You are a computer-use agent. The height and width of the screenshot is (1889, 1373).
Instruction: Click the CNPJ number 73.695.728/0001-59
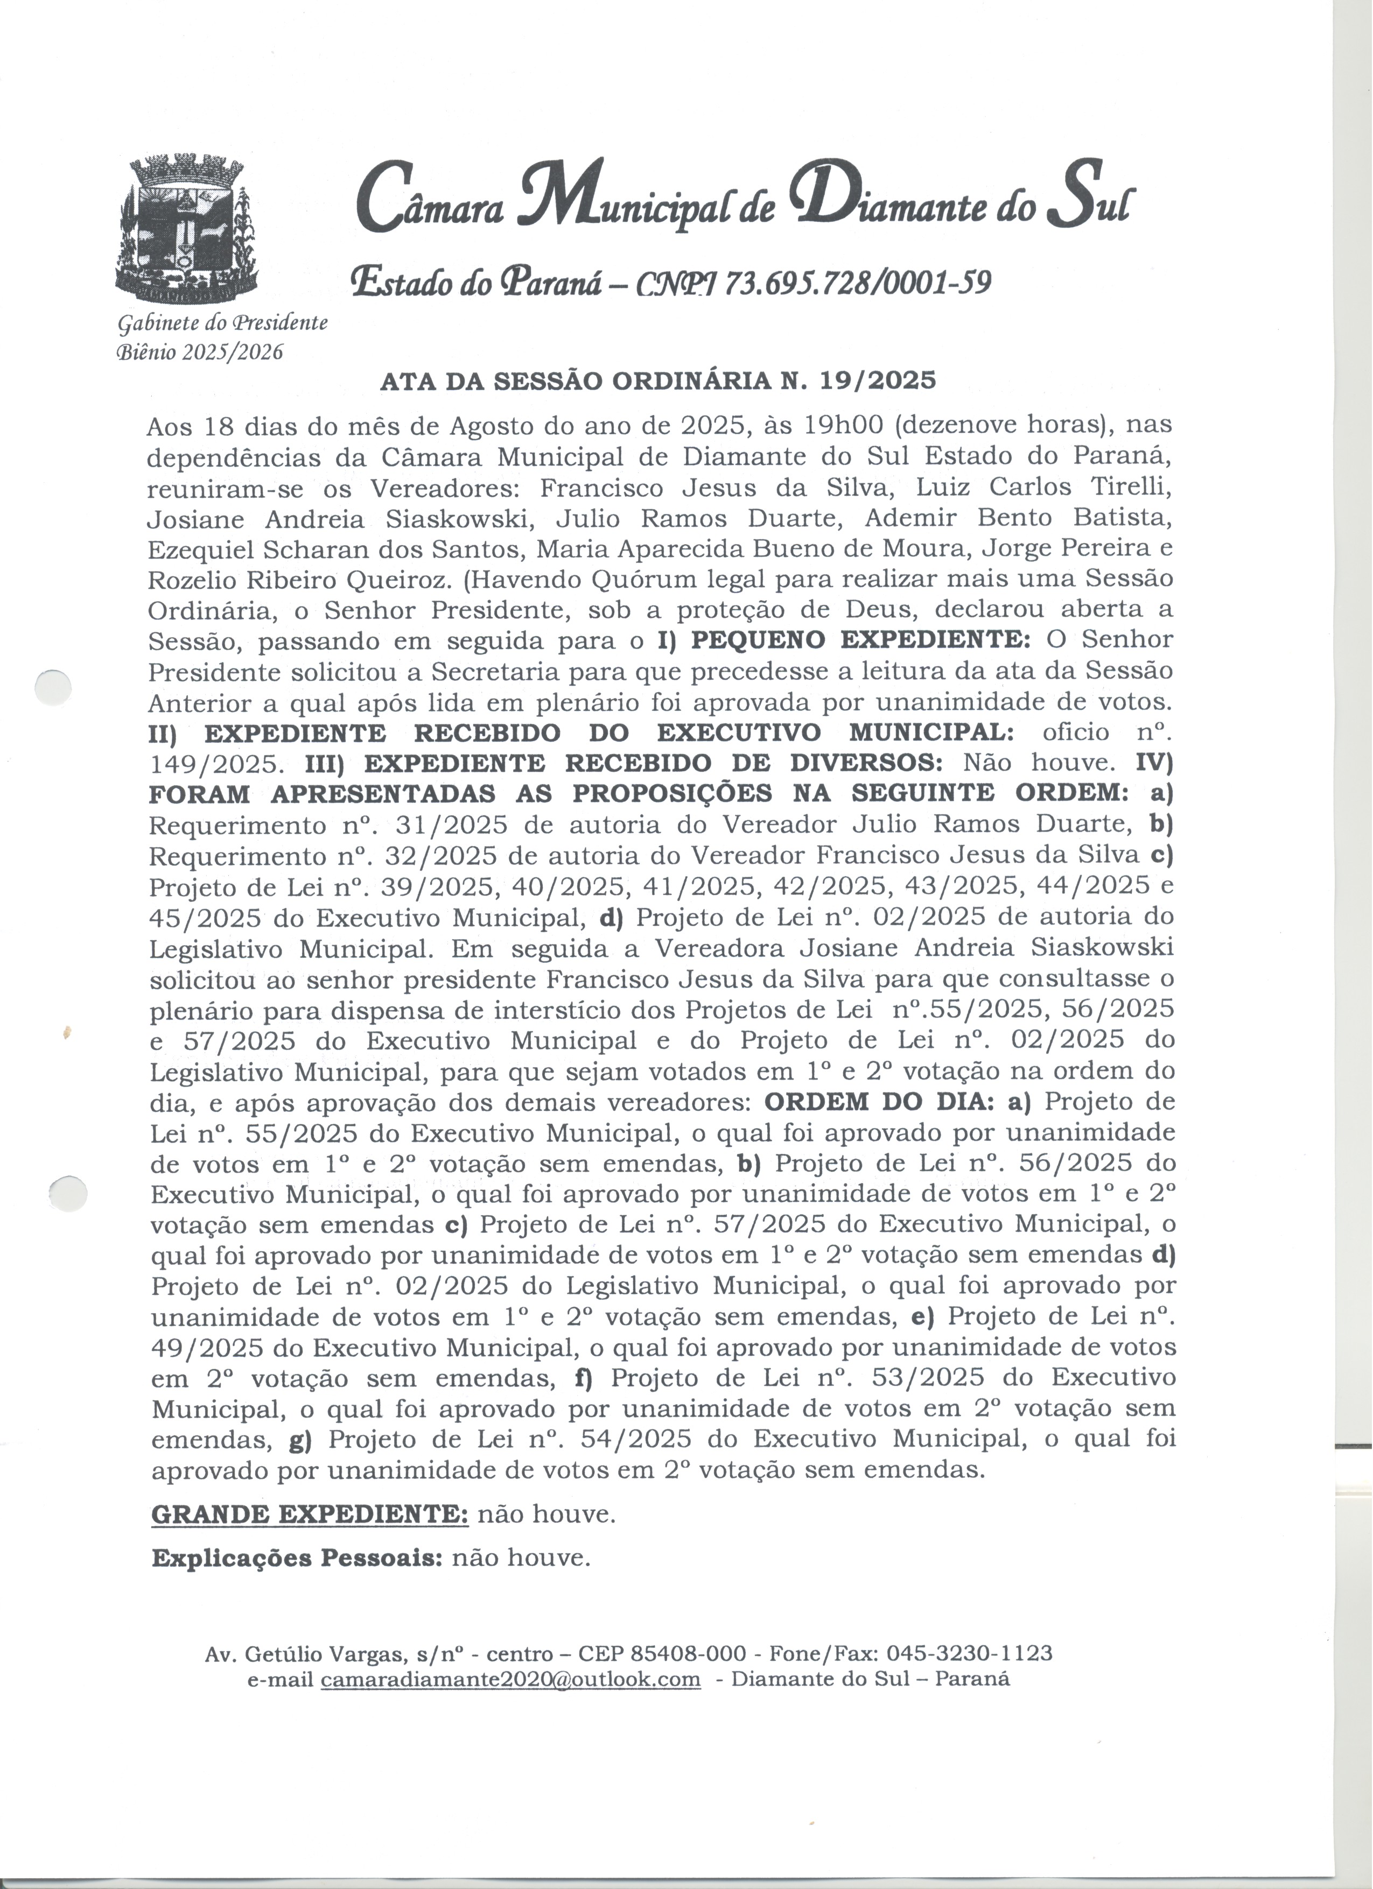pos(858,284)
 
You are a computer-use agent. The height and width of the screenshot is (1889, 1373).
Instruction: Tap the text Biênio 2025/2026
pos(199,353)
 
